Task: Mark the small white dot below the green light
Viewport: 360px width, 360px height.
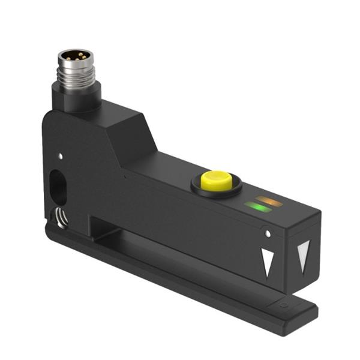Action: [x=268, y=233]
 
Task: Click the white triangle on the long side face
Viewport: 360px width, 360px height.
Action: [x=267, y=262]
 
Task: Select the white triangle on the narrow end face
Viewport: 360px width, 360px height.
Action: [x=304, y=252]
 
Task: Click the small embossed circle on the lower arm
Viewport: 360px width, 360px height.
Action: [x=284, y=305]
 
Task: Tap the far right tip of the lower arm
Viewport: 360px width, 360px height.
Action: [x=314, y=311]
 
